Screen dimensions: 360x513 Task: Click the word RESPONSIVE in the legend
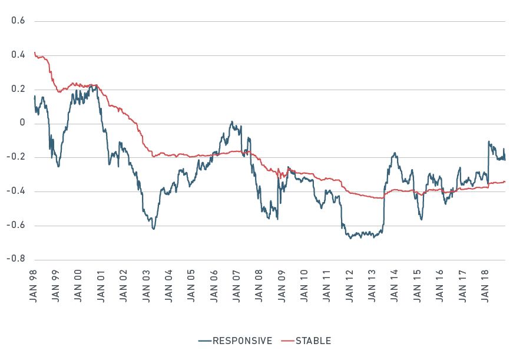pos(242,341)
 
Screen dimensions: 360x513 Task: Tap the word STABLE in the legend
pos(313,341)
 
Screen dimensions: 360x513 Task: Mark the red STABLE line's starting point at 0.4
pos(35,53)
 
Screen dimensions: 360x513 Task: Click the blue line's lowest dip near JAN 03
pos(154,229)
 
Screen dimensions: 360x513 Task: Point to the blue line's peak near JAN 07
pos(232,122)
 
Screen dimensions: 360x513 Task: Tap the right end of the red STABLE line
pos(505,181)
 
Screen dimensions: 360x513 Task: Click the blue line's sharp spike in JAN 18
pos(489,141)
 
